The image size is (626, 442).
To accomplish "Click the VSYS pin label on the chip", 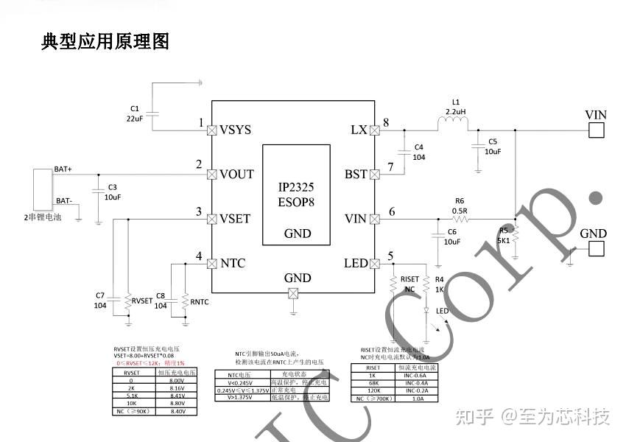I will point(236,130).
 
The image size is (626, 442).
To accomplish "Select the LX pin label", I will point(359,130).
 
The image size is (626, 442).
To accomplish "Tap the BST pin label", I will point(356,175).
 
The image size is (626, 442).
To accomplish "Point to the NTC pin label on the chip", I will point(233,264).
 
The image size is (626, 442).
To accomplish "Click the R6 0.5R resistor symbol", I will point(460,219).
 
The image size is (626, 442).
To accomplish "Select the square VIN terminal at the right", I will point(596,130).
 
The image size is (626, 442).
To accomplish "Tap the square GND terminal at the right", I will point(596,249).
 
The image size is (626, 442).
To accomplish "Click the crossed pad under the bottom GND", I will point(294,294).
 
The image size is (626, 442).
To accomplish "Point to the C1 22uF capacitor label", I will point(134,113).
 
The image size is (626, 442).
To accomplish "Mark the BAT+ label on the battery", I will point(63,169).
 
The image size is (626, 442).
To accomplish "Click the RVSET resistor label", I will point(142,301).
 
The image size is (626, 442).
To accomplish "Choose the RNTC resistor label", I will point(200,301).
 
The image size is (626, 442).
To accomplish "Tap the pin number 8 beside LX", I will point(386,122).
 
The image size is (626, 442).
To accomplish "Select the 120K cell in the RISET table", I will point(373,391).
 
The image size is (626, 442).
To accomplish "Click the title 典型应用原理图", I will point(105,42).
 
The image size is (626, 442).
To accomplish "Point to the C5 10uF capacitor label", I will point(493,146).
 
